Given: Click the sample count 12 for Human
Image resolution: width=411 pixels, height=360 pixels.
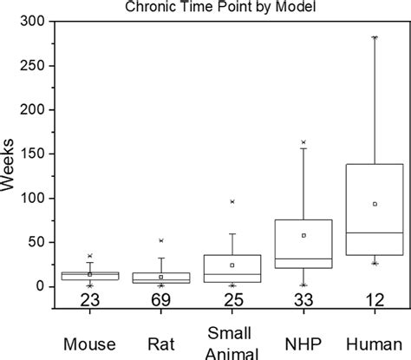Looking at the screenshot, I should [375, 300].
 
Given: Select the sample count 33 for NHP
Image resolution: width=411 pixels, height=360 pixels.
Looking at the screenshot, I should [303, 300].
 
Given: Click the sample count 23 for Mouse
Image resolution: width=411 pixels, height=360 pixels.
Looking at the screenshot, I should [89, 300].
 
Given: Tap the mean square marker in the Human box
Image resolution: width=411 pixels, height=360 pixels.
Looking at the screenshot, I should [375, 204].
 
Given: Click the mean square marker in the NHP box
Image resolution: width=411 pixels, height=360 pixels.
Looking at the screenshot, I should [303, 235].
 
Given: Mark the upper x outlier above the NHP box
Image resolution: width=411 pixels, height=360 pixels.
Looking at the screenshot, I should [303, 142].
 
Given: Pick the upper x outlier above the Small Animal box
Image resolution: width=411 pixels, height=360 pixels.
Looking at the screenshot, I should [232, 201].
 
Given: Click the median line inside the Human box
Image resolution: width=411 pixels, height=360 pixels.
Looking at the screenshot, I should [375, 232].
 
